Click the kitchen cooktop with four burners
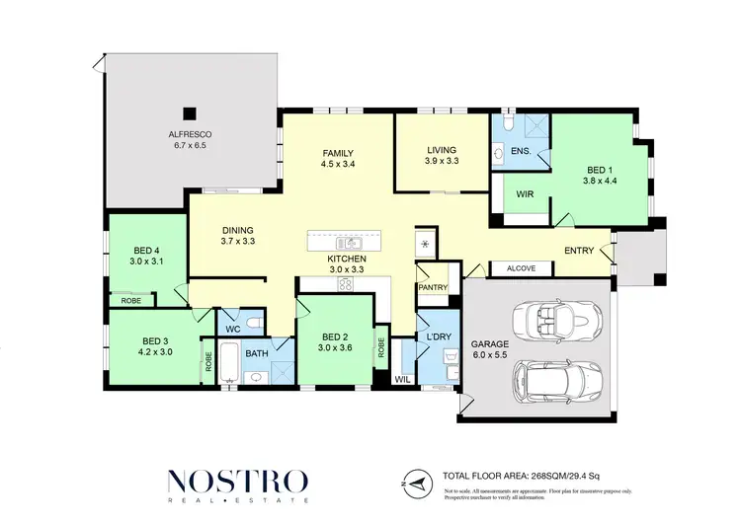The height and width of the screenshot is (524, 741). point(348,284)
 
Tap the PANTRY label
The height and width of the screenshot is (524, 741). point(433,288)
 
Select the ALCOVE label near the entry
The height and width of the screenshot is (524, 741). point(520,268)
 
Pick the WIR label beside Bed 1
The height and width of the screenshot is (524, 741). point(525,195)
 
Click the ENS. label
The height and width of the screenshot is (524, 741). point(521,151)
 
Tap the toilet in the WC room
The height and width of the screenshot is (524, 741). point(254,321)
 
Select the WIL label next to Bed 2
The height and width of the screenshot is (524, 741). point(402,378)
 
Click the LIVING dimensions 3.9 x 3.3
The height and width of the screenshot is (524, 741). point(443,160)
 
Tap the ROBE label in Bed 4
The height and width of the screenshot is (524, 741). point(130,299)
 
